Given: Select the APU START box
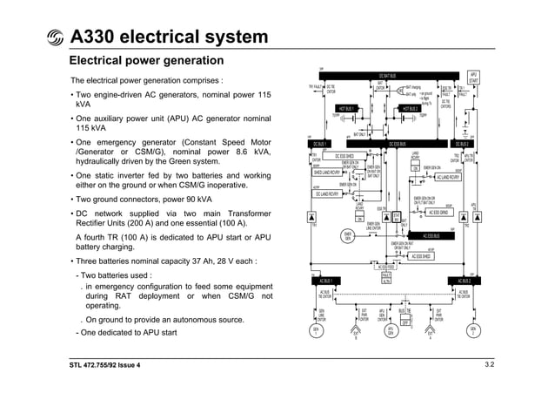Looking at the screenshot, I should click(x=474, y=78).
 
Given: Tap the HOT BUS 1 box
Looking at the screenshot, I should click(x=351, y=109).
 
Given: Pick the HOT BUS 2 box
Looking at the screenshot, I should click(x=410, y=109).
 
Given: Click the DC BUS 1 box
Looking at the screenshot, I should click(x=320, y=144).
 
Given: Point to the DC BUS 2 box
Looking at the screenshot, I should click(x=461, y=144).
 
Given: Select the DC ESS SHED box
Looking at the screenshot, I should click(x=351, y=156).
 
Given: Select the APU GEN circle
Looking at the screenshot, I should click(x=391, y=331).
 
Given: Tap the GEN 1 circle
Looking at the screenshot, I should click(x=315, y=331).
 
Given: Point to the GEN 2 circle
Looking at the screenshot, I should click(x=473, y=331).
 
